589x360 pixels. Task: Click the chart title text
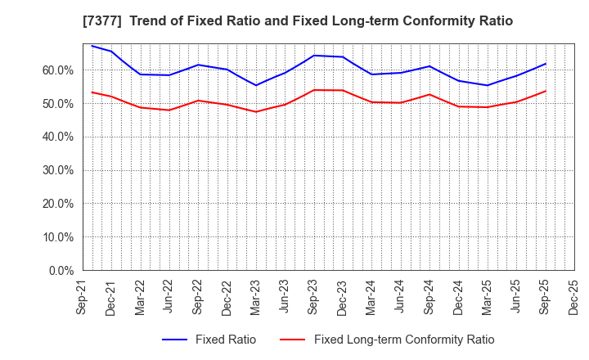298,21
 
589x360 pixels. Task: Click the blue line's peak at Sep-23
314,56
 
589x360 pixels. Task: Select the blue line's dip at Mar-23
256,85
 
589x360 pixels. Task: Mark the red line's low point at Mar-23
256,112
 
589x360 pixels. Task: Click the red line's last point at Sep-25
546,91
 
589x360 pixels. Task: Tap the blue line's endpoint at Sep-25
546,64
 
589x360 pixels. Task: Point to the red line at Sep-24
429,94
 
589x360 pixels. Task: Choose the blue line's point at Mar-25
488,85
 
